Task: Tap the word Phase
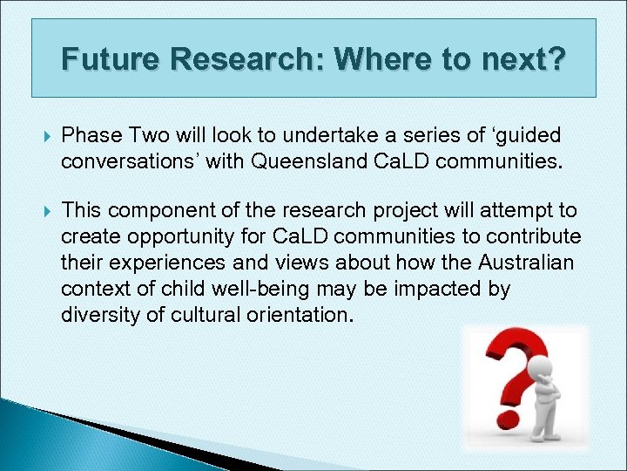pos(91,136)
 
